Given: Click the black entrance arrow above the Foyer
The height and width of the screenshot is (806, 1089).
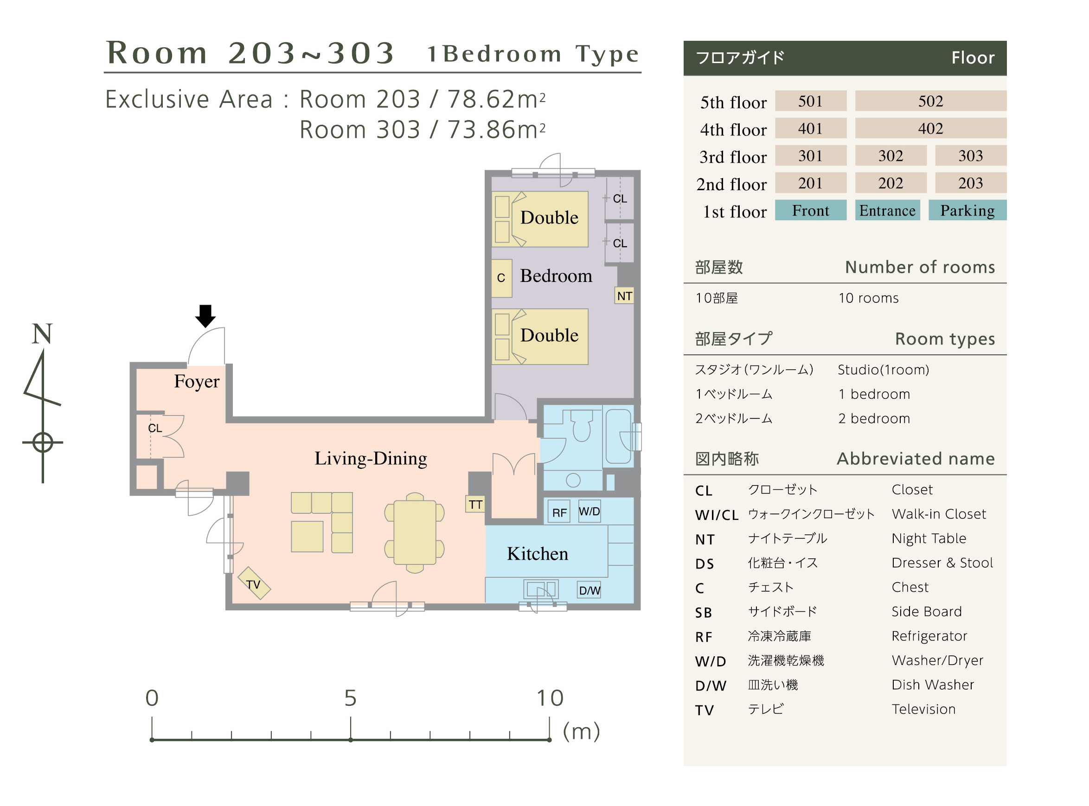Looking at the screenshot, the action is click(x=205, y=316).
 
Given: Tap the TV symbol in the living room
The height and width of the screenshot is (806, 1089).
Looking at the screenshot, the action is click(x=254, y=583).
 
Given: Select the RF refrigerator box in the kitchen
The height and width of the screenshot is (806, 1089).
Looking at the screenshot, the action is click(x=559, y=512).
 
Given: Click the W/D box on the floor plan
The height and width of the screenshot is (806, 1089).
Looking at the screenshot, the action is click(x=589, y=512).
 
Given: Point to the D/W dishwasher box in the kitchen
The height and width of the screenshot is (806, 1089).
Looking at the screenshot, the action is click(x=589, y=590).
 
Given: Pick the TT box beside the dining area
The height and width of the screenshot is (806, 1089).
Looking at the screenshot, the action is click(x=476, y=504).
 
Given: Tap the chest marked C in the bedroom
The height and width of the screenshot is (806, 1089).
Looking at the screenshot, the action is click(x=501, y=278).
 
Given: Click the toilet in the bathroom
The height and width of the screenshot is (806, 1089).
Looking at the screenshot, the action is click(x=581, y=426).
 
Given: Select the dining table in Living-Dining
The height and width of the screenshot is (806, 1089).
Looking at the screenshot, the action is click(x=415, y=532).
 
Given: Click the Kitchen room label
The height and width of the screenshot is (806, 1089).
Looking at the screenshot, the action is click(x=538, y=554).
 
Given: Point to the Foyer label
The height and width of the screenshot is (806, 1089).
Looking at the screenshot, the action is click(x=197, y=382).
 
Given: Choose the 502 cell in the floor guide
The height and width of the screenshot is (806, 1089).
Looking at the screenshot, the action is click(x=930, y=101).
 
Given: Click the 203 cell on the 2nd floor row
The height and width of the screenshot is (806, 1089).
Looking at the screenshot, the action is click(x=970, y=183).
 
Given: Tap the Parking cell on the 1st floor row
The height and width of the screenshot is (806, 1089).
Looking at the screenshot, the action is click(x=967, y=210).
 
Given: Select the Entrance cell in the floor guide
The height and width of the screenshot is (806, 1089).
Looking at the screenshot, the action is click(x=888, y=210).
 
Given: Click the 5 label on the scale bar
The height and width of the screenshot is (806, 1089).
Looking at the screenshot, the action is click(x=350, y=697).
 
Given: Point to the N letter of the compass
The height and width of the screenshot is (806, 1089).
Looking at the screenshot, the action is click(x=42, y=334).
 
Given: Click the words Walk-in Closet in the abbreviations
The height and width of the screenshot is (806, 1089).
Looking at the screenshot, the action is click(x=939, y=514).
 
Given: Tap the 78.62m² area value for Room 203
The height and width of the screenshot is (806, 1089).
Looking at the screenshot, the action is click(x=496, y=99).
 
